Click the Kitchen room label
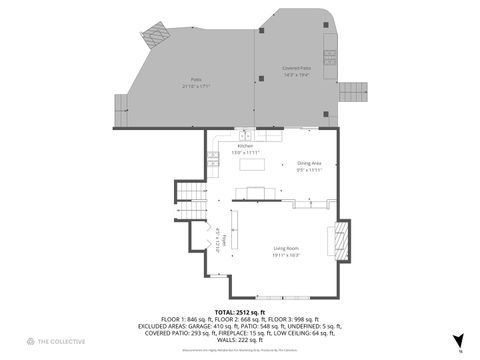pos(231,146)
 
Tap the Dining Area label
pos(309,162)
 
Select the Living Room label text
pos(287,248)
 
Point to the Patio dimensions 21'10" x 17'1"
pos(195,86)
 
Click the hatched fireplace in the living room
pos(340,241)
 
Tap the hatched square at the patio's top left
pos(154,36)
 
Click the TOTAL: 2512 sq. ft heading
pos(240,312)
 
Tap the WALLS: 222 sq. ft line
pos(240,341)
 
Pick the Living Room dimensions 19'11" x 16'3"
pos(287,255)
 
